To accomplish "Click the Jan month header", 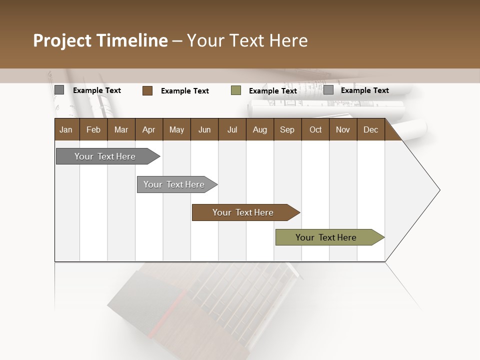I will tap(66, 129).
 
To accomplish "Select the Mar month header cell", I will tap(121, 129).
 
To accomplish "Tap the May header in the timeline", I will tap(176, 129).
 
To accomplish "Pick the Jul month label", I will tap(232, 129).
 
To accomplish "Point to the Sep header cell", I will tap(287, 129).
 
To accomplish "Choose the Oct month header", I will tap(315, 129).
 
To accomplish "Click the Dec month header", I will tap(370, 129).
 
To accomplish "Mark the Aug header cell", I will tap(259, 129).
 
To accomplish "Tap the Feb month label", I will tap(93, 129).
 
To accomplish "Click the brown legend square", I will tap(147, 90).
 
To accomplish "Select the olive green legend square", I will tap(236, 90).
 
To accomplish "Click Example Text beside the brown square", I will tap(185, 91).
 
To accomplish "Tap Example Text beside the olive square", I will tap(273, 91).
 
